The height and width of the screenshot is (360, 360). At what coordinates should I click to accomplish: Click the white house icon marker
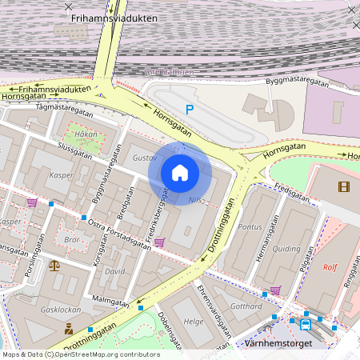pyautogui.click(x=180, y=173)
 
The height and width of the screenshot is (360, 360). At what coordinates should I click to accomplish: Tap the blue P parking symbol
pyautogui.click(x=190, y=110)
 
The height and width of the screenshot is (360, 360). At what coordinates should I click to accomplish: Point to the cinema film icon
pyautogui.click(x=344, y=187)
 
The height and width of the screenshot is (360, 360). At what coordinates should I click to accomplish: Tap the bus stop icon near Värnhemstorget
pyautogui.click(x=306, y=324)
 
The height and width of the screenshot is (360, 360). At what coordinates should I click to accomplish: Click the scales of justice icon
pyautogui.click(x=54, y=266)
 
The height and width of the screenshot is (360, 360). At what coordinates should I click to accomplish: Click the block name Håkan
pyautogui.click(x=85, y=135)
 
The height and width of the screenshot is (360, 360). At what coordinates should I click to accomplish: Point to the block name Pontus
pyautogui.click(x=251, y=226)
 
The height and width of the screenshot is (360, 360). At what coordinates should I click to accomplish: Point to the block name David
pyautogui.click(x=116, y=272)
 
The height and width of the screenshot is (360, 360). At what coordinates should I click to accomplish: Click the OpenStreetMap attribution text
pyautogui.click(x=80, y=354)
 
